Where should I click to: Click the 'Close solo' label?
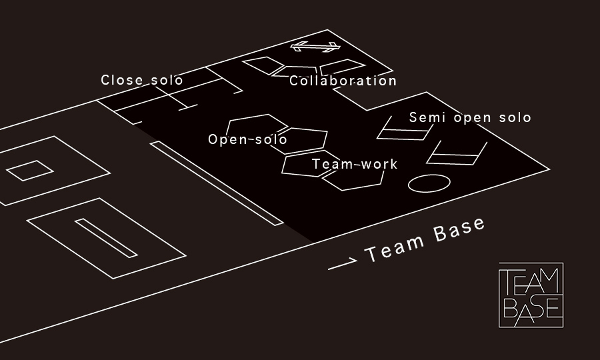[142, 80]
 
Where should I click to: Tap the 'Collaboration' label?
[343, 81]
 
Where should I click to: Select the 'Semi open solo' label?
[470, 118]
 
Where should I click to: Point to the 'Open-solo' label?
[247, 139]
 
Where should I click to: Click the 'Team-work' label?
[355, 164]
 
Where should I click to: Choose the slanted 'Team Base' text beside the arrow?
[425, 240]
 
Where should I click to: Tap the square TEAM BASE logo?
[531, 295]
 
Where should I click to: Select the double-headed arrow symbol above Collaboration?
[315, 47]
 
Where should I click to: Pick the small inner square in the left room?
[29, 170]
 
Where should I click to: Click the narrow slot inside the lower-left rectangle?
[106, 237]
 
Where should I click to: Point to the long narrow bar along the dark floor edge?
[217, 183]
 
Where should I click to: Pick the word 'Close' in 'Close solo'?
[122, 80]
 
